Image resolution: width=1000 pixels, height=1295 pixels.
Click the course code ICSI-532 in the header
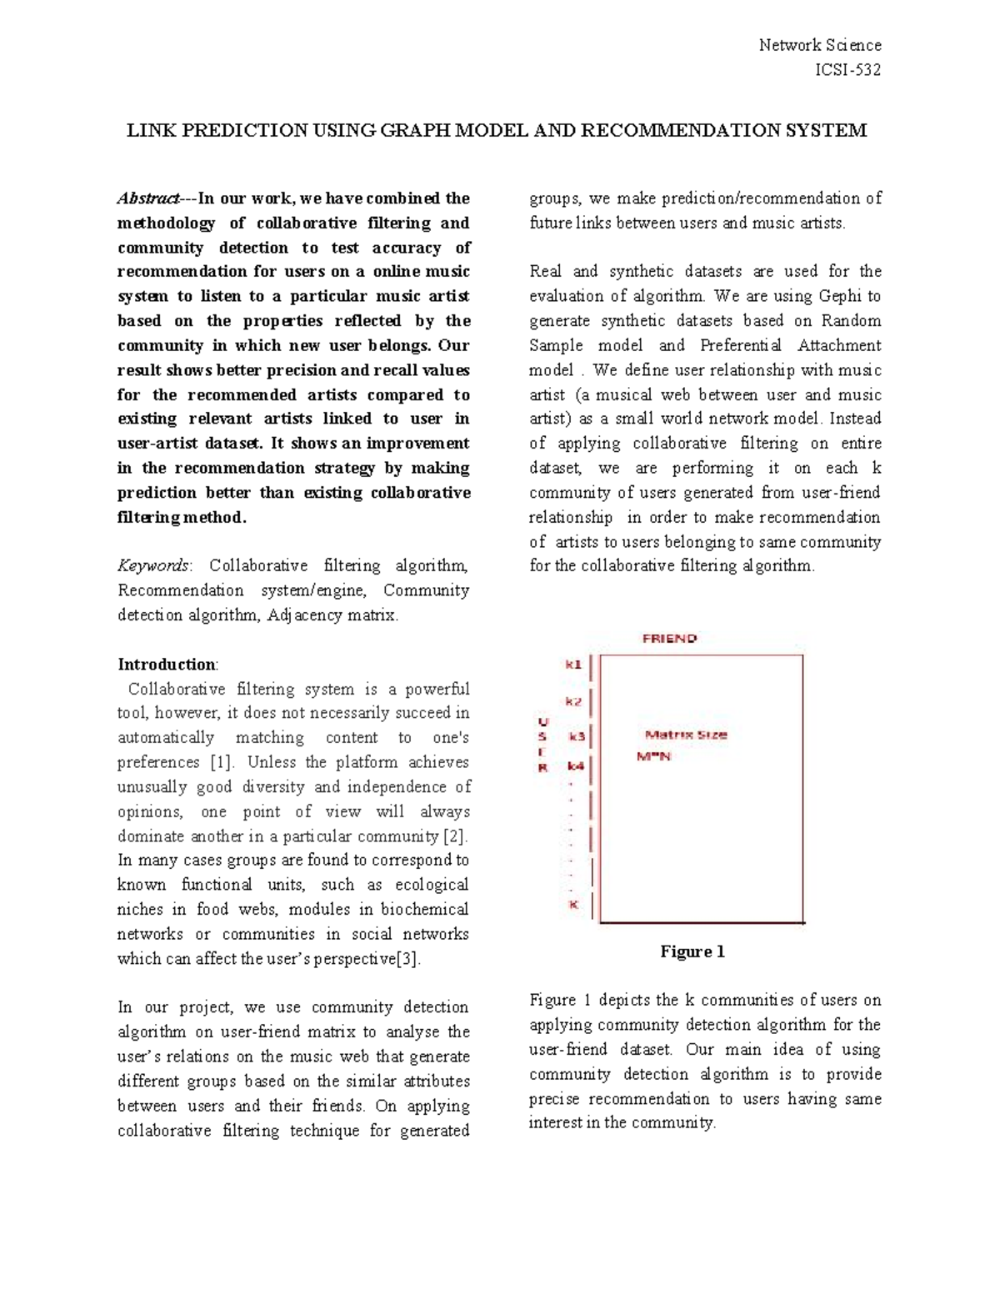(847, 70)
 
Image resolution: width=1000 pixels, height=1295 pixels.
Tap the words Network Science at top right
(820, 45)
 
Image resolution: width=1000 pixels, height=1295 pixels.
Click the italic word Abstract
(147, 198)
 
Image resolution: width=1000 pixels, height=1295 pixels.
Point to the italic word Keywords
(153, 566)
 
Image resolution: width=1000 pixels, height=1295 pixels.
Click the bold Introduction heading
(167, 665)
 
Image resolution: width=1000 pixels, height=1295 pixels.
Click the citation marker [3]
(406, 958)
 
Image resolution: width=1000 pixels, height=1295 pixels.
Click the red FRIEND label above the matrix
(669, 639)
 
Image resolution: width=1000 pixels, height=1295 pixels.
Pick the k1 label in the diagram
(573, 665)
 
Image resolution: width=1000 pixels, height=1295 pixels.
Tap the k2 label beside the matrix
(573, 701)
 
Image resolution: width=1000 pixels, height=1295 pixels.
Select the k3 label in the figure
(577, 736)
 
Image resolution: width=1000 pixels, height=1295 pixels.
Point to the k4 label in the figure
(576, 765)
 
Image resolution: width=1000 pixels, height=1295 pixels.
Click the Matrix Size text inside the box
(687, 735)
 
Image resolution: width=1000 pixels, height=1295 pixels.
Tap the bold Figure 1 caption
(692, 951)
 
